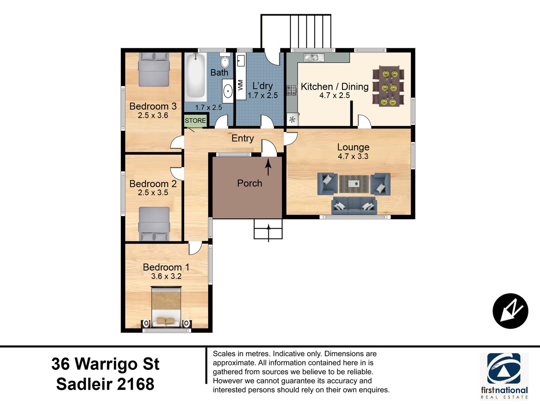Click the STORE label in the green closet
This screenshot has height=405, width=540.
195,120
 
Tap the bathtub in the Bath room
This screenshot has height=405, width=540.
195,77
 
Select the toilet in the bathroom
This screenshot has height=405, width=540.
225,60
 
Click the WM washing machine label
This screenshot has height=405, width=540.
240,85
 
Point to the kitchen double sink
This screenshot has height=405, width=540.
314,57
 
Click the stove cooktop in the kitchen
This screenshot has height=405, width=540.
292,90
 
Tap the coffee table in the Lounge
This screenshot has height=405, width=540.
354,184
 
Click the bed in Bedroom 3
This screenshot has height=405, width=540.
154,70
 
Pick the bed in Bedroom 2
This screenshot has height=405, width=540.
154,224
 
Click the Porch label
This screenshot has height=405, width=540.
249,183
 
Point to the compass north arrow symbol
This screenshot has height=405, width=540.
510,311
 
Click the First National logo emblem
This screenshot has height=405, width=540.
504,369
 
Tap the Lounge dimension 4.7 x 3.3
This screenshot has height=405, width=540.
353,156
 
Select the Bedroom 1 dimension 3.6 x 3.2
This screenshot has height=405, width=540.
166,276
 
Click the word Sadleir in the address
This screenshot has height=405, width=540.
84,384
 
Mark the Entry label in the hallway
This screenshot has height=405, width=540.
243,138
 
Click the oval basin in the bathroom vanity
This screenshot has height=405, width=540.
228,91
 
